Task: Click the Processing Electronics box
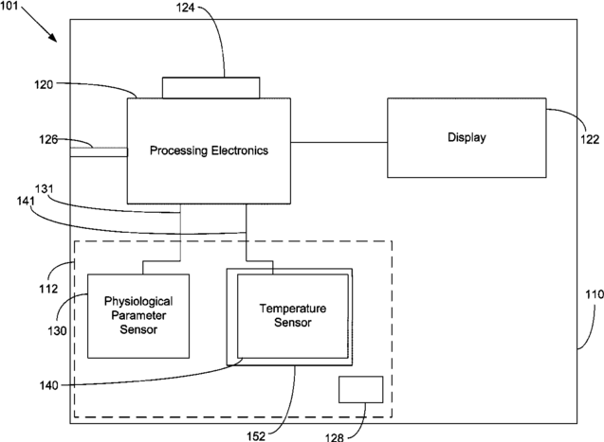tap(209, 150)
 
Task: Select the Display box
tap(467, 137)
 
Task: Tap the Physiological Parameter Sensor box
tap(138, 316)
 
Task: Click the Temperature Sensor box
tap(293, 316)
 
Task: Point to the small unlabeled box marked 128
tap(361, 389)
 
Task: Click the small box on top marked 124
tap(210, 88)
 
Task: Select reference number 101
tap(9, 6)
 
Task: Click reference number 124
tap(185, 8)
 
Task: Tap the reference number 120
tap(44, 84)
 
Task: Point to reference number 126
tap(48, 139)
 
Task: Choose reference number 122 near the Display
tap(590, 139)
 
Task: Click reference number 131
tap(45, 188)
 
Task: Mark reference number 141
tap(26, 201)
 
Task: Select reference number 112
tap(48, 289)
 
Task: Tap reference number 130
tap(57, 330)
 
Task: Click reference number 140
tap(49, 384)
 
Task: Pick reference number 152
tap(256, 436)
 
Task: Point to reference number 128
tap(334, 437)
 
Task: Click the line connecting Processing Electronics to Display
tap(339, 142)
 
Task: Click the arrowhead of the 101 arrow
tap(54, 39)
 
